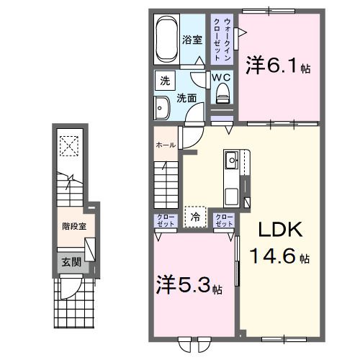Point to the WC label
click(221, 77)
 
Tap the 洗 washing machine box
click(165, 81)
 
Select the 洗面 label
click(186, 97)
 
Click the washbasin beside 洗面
click(161, 109)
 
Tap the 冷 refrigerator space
click(195, 215)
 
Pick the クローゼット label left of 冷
click(163, 220)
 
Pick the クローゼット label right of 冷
click(224, 220)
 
